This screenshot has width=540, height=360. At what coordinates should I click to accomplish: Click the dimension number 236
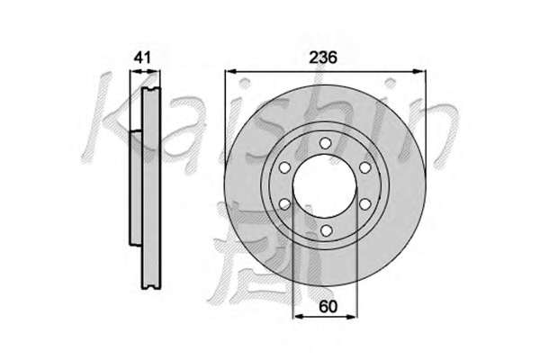[x=323, y=58]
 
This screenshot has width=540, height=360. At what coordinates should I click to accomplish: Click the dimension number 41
[x=142, y=58]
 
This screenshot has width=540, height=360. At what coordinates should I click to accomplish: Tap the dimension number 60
[x=328, y=306]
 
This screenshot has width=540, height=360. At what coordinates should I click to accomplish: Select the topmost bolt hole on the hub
[x=325, y=143]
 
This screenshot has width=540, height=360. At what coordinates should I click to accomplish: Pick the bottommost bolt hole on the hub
[x=326, y=230]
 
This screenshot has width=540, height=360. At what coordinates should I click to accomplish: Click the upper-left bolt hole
[x=284, y=167]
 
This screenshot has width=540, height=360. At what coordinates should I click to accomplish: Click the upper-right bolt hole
[x=364, y=167]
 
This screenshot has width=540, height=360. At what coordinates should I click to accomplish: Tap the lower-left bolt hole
[x=284, y=204]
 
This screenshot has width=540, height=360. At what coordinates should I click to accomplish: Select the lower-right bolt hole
[x=365, y=204]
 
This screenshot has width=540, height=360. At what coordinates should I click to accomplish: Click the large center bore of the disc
[x=325, y=186]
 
